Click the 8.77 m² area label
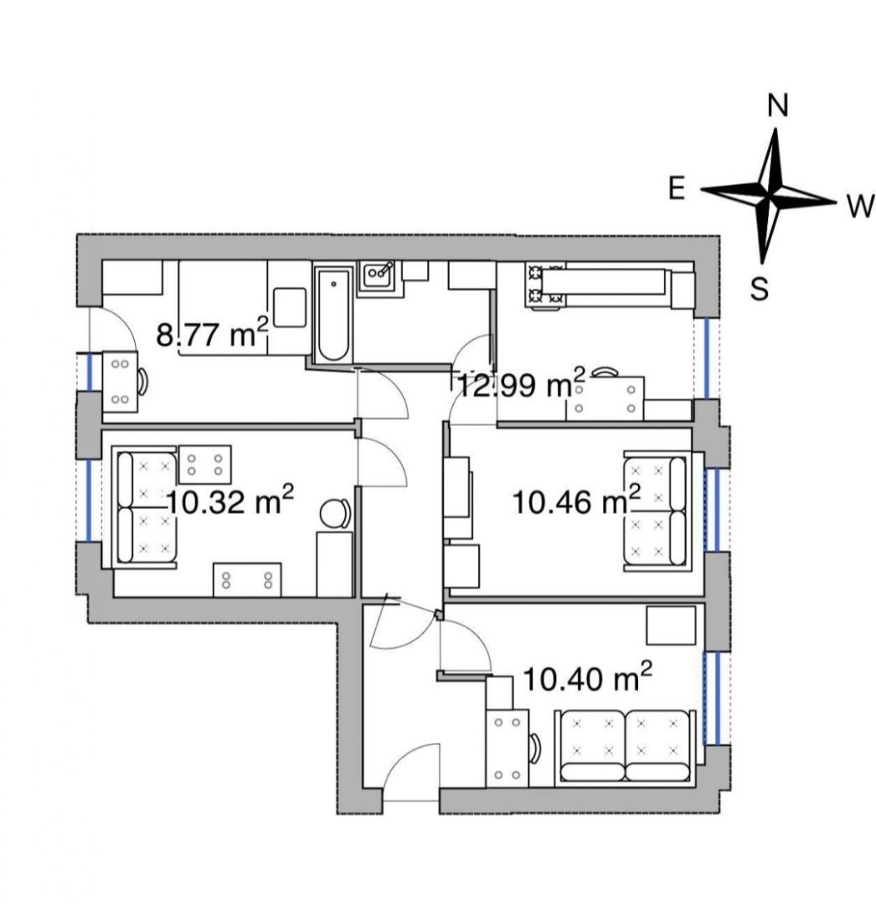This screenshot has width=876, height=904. coord(212,334)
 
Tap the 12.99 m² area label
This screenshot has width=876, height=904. coord(521,383)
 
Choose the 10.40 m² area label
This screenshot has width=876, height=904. coord(587,677)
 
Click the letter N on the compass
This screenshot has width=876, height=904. coord(778,106)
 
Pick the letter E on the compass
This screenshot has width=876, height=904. coord(677,188)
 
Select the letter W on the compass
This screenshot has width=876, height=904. coord(861,206)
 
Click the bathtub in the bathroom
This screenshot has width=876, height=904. coord(332,315)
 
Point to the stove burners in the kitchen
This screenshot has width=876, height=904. coord(544,285)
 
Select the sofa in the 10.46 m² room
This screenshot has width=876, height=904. coord(657,511)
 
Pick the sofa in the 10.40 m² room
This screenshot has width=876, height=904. coord(625,747)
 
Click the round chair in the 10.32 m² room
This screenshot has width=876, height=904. coord(334,513)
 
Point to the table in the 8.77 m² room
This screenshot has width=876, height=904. coord(120,382)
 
